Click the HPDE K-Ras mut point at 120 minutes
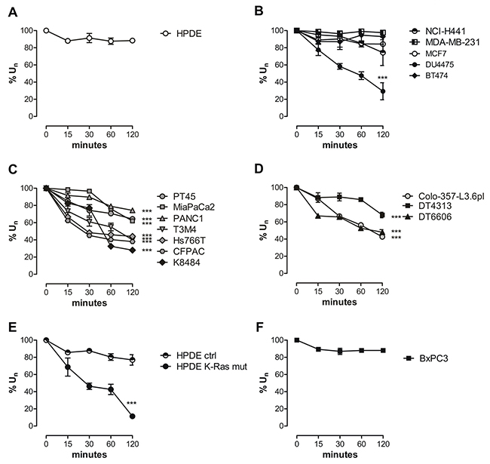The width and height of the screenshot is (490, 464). (x=133, y=416)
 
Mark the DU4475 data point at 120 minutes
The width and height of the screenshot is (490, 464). (x=383, y=91)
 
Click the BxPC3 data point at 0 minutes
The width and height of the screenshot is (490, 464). (x=296, y=340)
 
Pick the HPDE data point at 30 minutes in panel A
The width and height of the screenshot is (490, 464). (x=89, y=38)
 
